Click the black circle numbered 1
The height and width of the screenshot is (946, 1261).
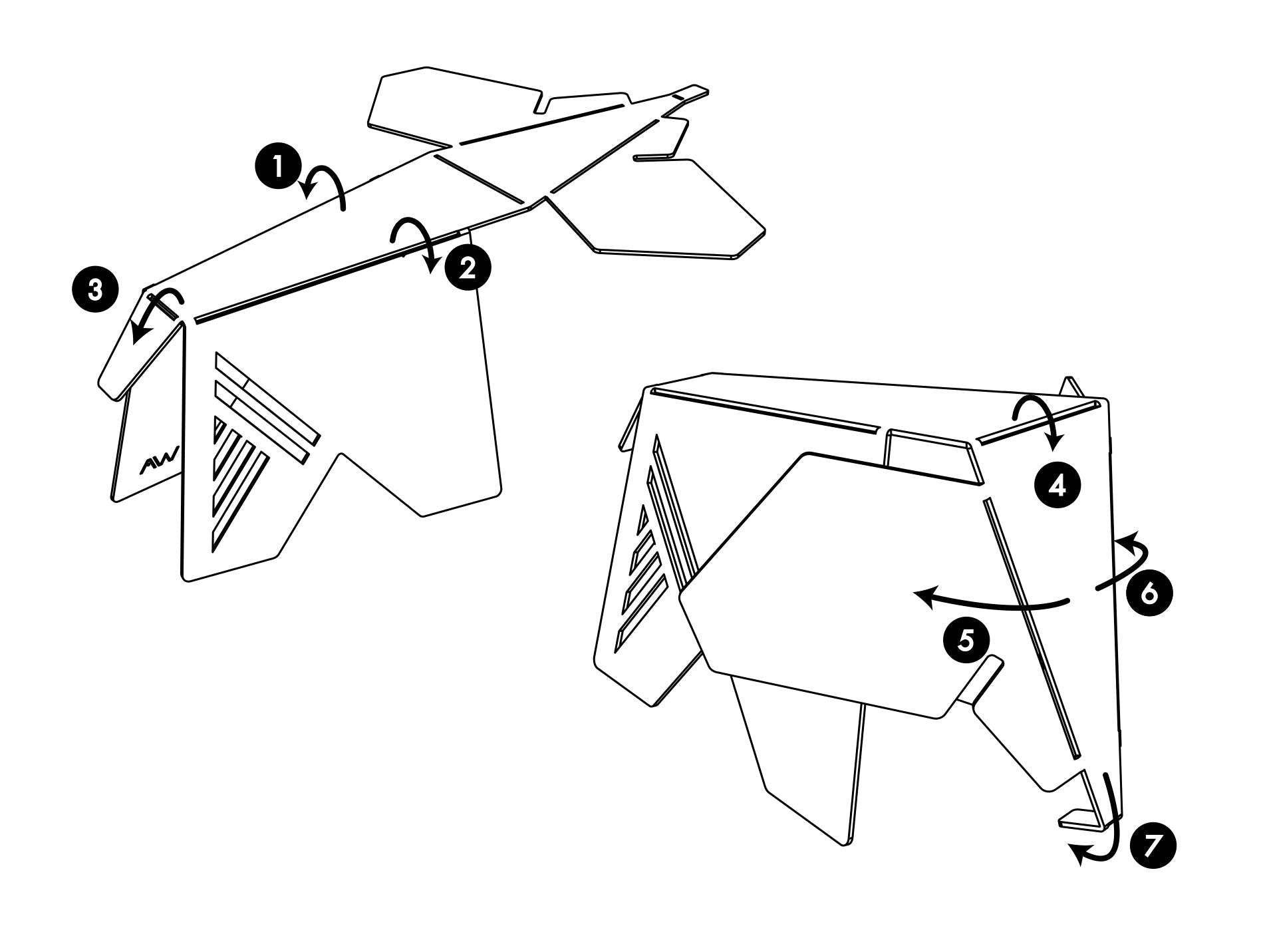(278, 167)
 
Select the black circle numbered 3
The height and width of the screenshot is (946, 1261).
(96, 290)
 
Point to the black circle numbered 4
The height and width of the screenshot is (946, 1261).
(1057, 487)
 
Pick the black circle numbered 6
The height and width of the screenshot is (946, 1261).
(1151, 592)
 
